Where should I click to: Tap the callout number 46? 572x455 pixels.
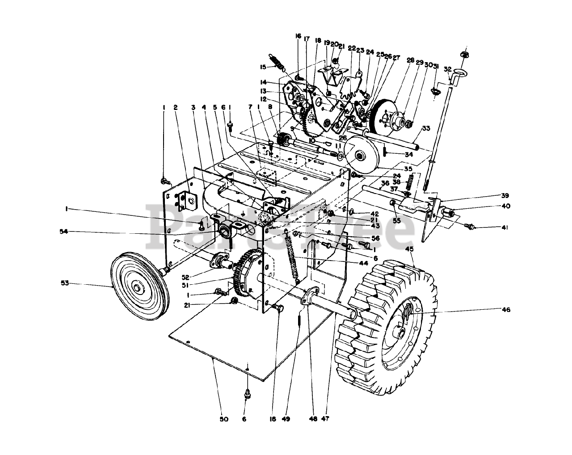[506, 309]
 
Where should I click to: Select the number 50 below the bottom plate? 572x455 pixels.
[224, 419]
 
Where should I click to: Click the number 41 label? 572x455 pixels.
[505, 228]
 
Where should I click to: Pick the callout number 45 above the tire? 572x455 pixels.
[409, 249]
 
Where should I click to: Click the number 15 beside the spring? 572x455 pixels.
[263, 67]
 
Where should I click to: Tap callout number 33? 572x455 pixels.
[425, 128]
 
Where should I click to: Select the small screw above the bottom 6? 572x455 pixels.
[247, 394]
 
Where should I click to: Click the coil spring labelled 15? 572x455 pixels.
[278, 63]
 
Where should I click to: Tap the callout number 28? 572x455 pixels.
[410, 60]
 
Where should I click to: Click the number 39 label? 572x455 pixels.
[505, 195]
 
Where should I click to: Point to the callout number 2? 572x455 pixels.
[176, 108]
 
